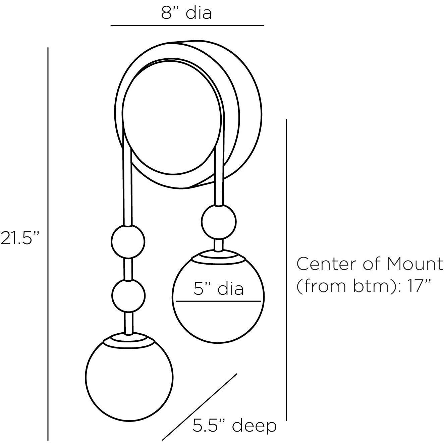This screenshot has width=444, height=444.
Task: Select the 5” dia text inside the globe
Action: pos(218,289)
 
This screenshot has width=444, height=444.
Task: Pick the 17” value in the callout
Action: pos(419,286)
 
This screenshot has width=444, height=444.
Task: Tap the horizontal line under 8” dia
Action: pos(187,25)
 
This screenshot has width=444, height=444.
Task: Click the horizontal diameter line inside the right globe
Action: pos(218,301)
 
